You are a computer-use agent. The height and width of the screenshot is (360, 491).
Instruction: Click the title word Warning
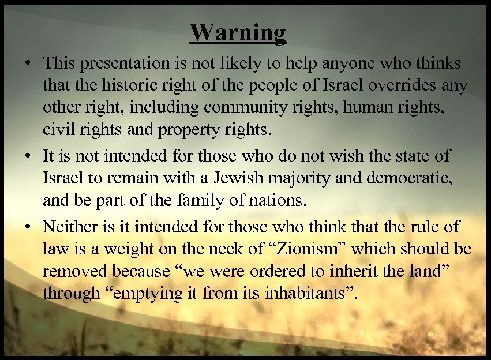[x=238, y=32]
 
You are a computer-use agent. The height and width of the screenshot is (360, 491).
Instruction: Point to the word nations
[x=277, y=201]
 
